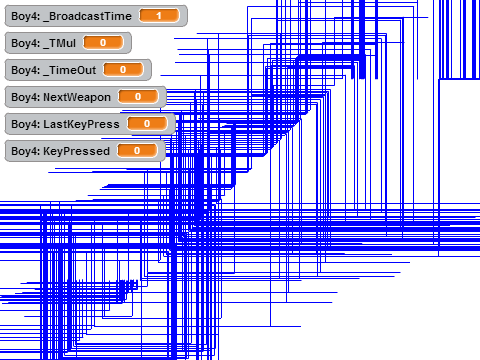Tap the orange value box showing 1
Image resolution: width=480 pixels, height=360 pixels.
tap(159, 16)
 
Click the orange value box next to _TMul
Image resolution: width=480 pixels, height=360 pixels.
tap(103, 43)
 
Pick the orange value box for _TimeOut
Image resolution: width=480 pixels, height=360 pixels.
tap(123, 70)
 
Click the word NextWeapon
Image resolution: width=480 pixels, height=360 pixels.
tap(77, 97)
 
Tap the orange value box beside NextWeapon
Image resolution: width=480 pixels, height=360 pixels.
tap(138, 97)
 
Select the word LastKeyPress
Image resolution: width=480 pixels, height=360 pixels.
tap(81, 124)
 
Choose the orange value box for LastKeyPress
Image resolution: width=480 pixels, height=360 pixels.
tap(147, 124)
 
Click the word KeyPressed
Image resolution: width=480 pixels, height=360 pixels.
tap(77, 151)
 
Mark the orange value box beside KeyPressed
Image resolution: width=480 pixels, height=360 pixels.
tap(137, 151)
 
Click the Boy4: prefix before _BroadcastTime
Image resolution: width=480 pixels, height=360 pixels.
tap(26, 16)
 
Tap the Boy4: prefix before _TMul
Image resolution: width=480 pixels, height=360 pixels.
tap(26, 43)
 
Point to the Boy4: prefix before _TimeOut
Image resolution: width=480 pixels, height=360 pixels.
tap(26, 70)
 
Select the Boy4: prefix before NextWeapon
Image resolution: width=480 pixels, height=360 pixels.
tap(26, 97)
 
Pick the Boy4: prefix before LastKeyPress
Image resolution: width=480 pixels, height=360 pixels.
tap(26, 124)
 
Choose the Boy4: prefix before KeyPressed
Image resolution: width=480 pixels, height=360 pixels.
tap(26, 151)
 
